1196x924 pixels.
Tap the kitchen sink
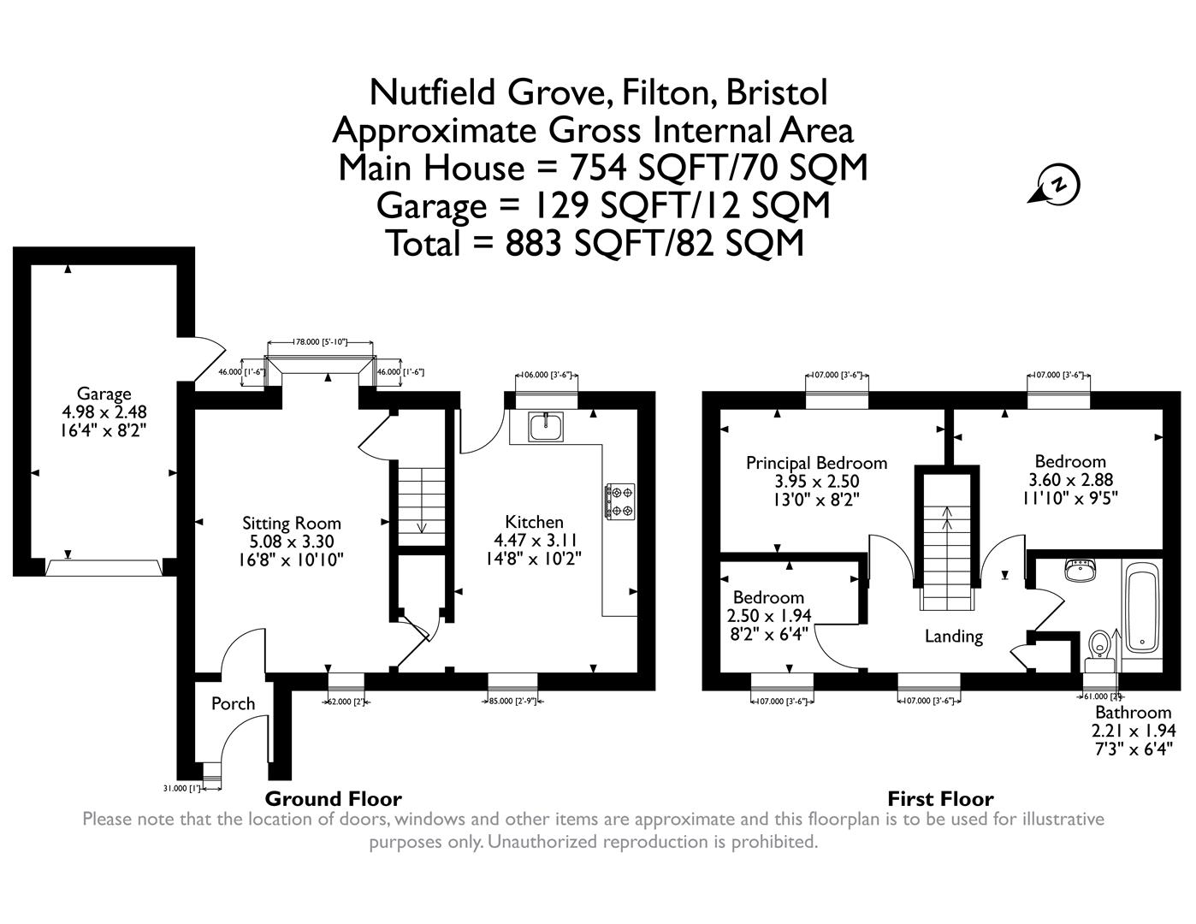point(544,426)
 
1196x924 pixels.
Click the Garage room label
point(104,394)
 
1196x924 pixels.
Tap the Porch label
point(233,703)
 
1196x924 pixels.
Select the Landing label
point(953,636)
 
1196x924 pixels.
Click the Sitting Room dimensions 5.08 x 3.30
point(292,542)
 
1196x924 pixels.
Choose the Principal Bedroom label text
point(816,463)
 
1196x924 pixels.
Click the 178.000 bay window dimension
point(320,342)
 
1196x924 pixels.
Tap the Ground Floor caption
point(333,799)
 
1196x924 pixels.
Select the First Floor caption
point(940,799)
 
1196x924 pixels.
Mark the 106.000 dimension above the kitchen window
point(543,375)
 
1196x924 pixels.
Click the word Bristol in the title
point(776,92)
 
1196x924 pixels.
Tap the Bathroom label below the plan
point(1133,713)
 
